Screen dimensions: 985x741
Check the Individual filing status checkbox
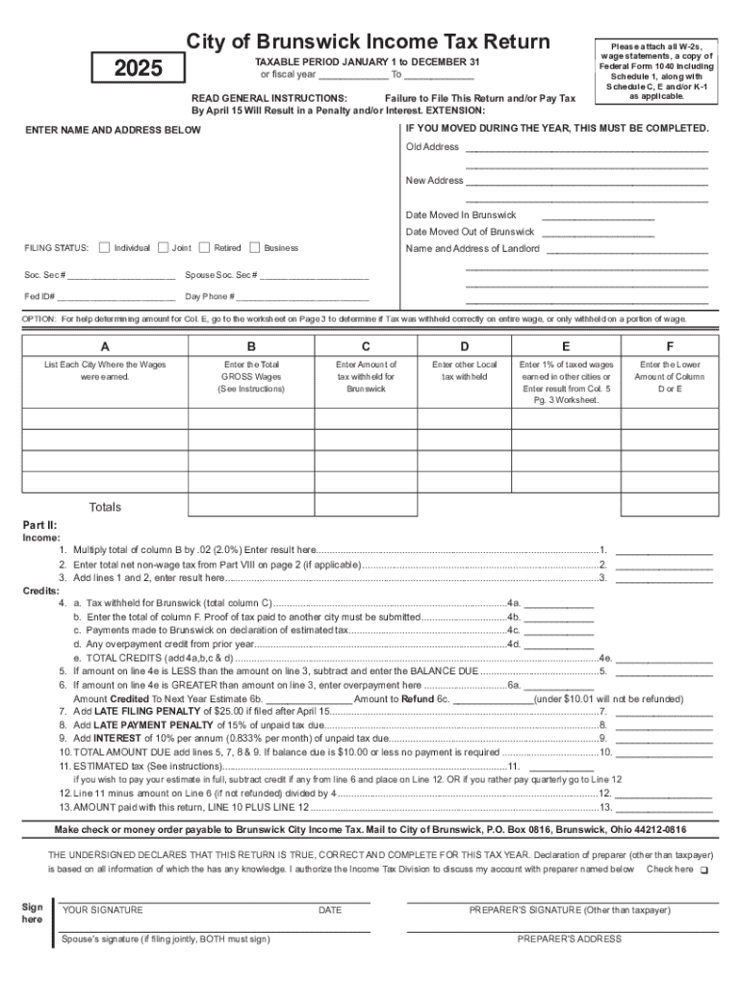point(105,247)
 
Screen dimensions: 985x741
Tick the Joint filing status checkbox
point(163,247)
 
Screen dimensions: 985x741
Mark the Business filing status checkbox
point(255,247)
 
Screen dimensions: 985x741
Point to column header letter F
point(669,346)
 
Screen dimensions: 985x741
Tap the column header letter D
point(464,346)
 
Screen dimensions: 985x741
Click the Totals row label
point(105,507)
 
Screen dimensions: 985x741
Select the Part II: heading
point(40,525)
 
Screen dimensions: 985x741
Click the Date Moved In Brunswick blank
point(598,216)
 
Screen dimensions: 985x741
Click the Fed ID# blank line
point(115,297)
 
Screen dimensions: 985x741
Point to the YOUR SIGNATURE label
point(103,910)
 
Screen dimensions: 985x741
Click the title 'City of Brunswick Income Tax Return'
point(368,41)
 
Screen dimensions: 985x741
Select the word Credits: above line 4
point(40,591)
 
